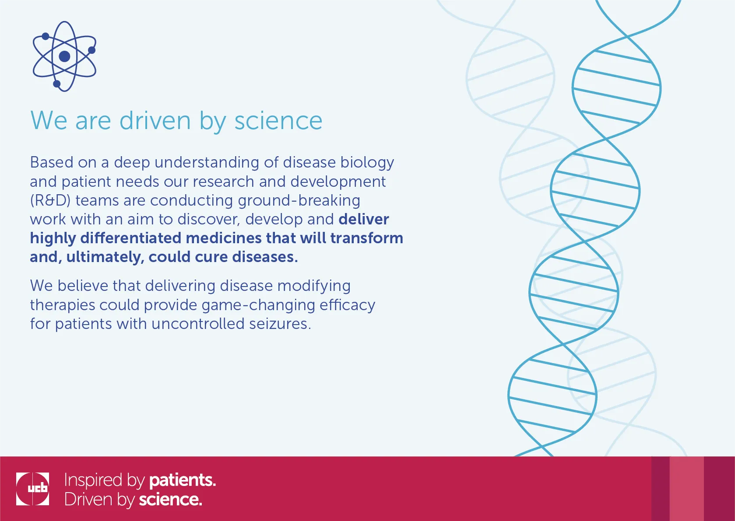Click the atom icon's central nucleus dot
[64, 56]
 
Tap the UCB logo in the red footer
[32, 489]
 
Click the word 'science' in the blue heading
[278, 121]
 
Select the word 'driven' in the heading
[155, 121]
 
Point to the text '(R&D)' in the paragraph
[50, 200]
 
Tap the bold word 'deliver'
[364, 219]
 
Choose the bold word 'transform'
[366, 238]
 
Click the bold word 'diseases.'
[265, 257]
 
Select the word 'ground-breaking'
[299, 201]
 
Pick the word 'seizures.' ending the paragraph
[280, 324]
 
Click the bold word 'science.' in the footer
[170, 500]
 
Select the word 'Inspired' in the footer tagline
[93, 480]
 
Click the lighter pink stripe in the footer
[686, 489]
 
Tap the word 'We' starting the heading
[49, 121]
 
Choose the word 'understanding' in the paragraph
[207, 163]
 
